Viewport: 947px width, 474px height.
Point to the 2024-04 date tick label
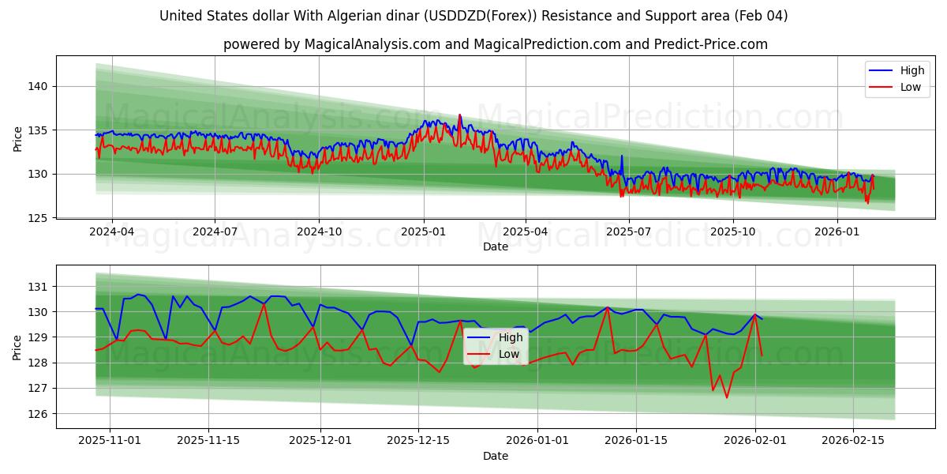point(111,232)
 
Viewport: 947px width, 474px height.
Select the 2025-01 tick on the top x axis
point(423,232)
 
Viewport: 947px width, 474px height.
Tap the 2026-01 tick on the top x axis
point(837,232)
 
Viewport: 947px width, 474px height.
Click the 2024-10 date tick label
point(319,232)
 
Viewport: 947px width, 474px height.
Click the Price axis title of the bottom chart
point(17,347)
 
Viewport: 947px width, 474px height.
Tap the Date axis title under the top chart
point(496,246)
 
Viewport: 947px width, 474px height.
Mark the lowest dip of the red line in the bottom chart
point(727,397)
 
